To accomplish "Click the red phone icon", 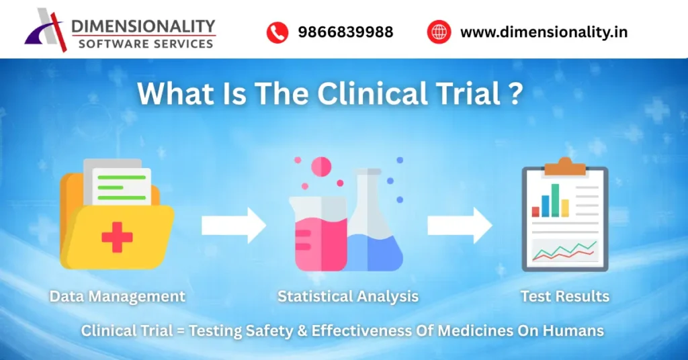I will click(x=277, y=32).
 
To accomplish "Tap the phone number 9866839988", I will click(x=345, y=32).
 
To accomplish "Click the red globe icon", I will click(x=439, y=32).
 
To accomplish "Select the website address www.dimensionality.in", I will click(x=544, y=32).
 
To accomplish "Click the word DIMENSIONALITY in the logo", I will click(x=142, y=26).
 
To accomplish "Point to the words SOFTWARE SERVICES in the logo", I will click(x=146, y=44).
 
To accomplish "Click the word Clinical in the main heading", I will click(x=372, y=94).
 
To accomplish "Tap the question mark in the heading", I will click(x=514, y=94).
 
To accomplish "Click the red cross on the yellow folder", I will click(x=117, y=237).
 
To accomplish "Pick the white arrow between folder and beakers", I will click(x=234, y=226).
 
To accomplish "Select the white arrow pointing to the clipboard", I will click(x=460, y=226).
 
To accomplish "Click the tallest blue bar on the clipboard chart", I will click(x=556, y=199).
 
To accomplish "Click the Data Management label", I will click(x=118, y=296).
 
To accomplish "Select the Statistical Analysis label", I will click(x=348, y=296).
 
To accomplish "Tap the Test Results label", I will click(x=564, y=296).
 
